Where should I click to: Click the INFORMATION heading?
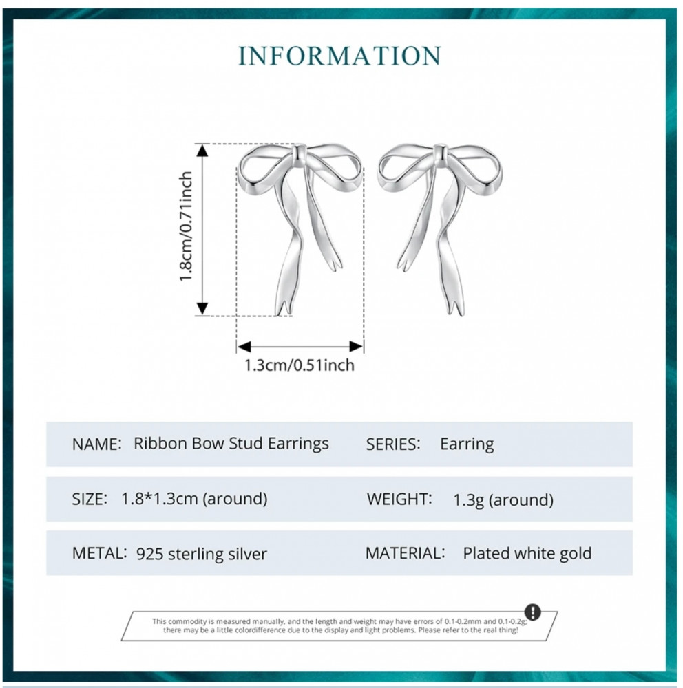(339, 56)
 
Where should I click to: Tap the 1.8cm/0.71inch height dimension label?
(186, 226)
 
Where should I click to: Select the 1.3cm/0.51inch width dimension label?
(299, 365)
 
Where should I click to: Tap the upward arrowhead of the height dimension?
(202, 151)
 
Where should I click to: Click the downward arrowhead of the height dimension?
(202, 308)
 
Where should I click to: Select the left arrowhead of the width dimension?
(244, 346)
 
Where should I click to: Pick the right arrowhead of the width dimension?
(356, 346)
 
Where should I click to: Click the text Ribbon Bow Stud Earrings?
(231, 444)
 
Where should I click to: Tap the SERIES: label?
(393, 444)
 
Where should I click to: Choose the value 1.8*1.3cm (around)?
(194, 499)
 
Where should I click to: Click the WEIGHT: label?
(399, 499)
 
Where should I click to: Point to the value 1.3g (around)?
(503, 499)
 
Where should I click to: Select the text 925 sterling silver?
(202, 554)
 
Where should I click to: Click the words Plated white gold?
(527, 553)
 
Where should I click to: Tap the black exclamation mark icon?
(533, 612)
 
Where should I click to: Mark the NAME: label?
(96, 444)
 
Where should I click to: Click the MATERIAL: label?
(405, 553)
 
